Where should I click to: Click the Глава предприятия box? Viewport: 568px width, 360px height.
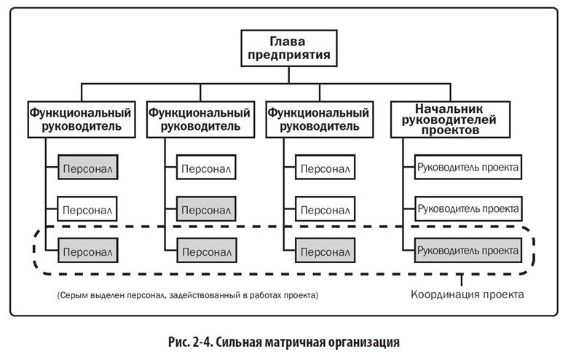point(289,48)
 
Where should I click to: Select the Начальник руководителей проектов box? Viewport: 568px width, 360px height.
point(450,120)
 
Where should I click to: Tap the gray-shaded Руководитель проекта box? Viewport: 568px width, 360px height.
point(468,251)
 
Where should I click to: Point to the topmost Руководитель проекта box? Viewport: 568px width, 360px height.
point(468,167)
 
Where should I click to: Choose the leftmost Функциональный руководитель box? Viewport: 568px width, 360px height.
point(82,120)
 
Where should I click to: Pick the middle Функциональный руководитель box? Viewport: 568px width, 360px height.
point(200,120)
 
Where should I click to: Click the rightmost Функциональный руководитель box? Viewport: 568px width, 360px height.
point(320,120)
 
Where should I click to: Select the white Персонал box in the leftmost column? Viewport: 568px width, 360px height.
point(87,209)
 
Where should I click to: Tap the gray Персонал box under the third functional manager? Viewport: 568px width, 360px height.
point(326,251)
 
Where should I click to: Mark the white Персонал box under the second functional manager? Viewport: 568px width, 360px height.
point(206,167)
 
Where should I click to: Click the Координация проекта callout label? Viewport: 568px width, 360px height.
point(468,294)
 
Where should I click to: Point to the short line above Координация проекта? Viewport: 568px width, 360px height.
point(461,281)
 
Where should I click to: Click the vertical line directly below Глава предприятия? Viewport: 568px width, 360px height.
point(288,75)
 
